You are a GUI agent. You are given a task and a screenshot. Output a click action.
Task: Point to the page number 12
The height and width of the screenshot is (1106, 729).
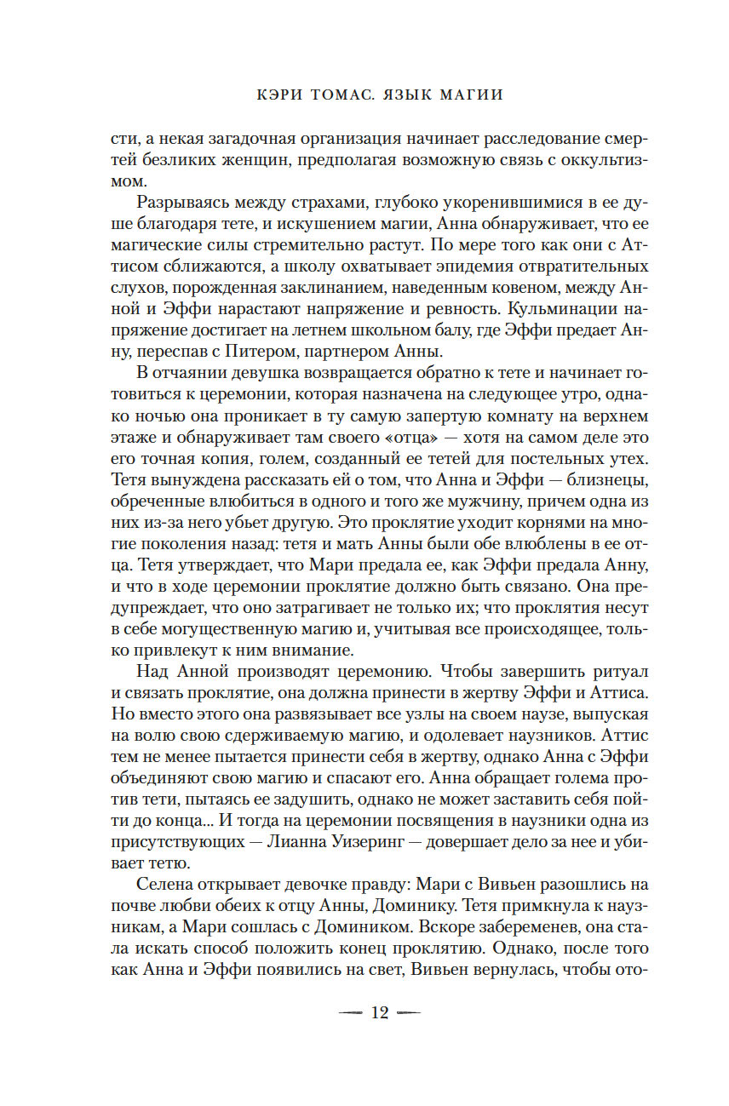pyautogui.click(x=379, y=1012)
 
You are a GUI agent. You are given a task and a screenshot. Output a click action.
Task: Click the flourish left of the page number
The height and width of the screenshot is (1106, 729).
pyautogui.click(x=351, y=1012)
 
